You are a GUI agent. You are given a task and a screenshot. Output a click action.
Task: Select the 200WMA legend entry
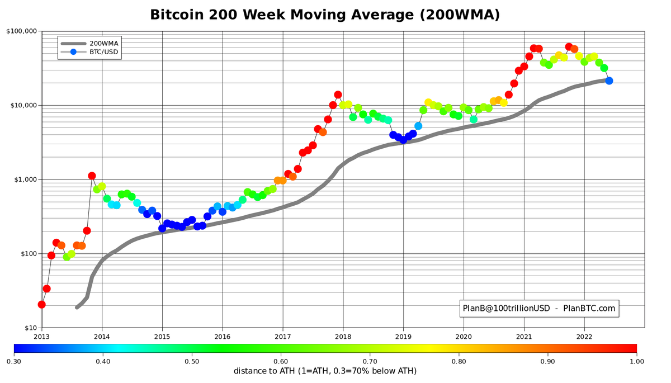(x=103, y=43)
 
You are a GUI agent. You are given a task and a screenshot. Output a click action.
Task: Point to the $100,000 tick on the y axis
(x=22, y=31)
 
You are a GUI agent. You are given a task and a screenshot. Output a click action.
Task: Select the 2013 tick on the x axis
(x=42, y=337)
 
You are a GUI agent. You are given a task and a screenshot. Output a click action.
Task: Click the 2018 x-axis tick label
(x=343, y=337)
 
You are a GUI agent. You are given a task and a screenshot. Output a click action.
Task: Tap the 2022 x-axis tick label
(x=584, y=337)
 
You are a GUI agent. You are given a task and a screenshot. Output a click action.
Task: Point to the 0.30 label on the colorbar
(x=14, y=361)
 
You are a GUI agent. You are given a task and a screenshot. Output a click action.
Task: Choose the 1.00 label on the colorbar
(x=637, y=361)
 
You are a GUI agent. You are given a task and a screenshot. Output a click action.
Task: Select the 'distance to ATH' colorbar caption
(x=325, y=371)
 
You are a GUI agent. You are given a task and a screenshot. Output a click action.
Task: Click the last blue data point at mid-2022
(x=609, y=81)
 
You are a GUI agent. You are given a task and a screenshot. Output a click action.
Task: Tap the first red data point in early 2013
(x=41, y=305)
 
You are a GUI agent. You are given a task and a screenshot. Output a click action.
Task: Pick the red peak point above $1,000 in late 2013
(x=92, y=176)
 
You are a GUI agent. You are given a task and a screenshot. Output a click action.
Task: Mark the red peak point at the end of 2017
(x=338, y=95)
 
